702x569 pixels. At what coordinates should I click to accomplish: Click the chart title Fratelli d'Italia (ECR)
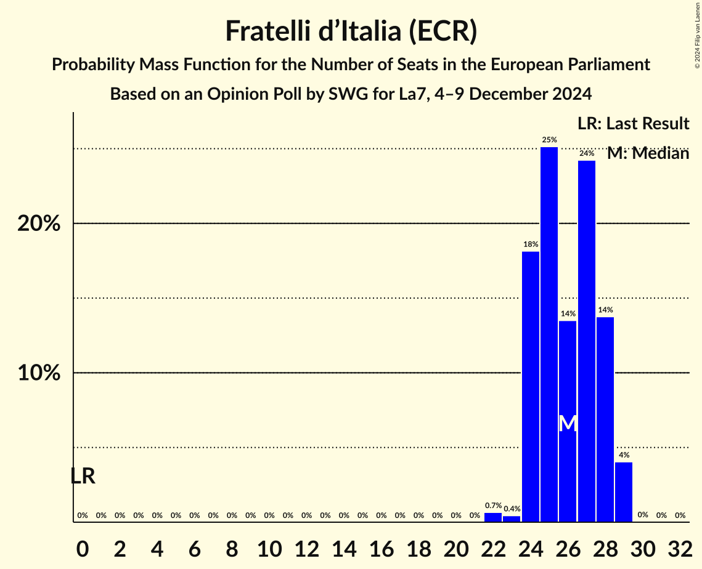point(351,31)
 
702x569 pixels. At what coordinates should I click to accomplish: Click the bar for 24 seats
point(531,387)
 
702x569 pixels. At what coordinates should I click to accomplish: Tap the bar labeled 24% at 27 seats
point(587,341)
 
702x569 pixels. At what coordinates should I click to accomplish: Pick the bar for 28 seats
point(605,419)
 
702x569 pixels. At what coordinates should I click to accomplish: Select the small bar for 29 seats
point(624,492)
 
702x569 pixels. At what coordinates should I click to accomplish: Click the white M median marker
point(568,424)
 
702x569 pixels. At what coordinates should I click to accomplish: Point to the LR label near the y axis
point(83,476)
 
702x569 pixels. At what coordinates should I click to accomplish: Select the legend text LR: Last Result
point(633,124)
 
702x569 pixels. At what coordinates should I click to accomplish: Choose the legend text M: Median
point(648,153)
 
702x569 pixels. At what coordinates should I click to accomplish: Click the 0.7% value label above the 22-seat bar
point(493,506)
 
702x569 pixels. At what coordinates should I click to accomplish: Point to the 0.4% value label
point(512,509)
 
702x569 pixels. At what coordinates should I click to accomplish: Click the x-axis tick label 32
point(680,546)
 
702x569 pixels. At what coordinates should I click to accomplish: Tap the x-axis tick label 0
point(83,546)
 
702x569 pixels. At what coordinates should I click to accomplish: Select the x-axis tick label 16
point(381,546)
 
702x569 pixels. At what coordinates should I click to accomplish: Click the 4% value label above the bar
point(624,455)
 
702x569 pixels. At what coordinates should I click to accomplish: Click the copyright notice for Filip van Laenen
point(697,34)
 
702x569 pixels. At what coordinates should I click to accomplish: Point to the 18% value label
point(531,244)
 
